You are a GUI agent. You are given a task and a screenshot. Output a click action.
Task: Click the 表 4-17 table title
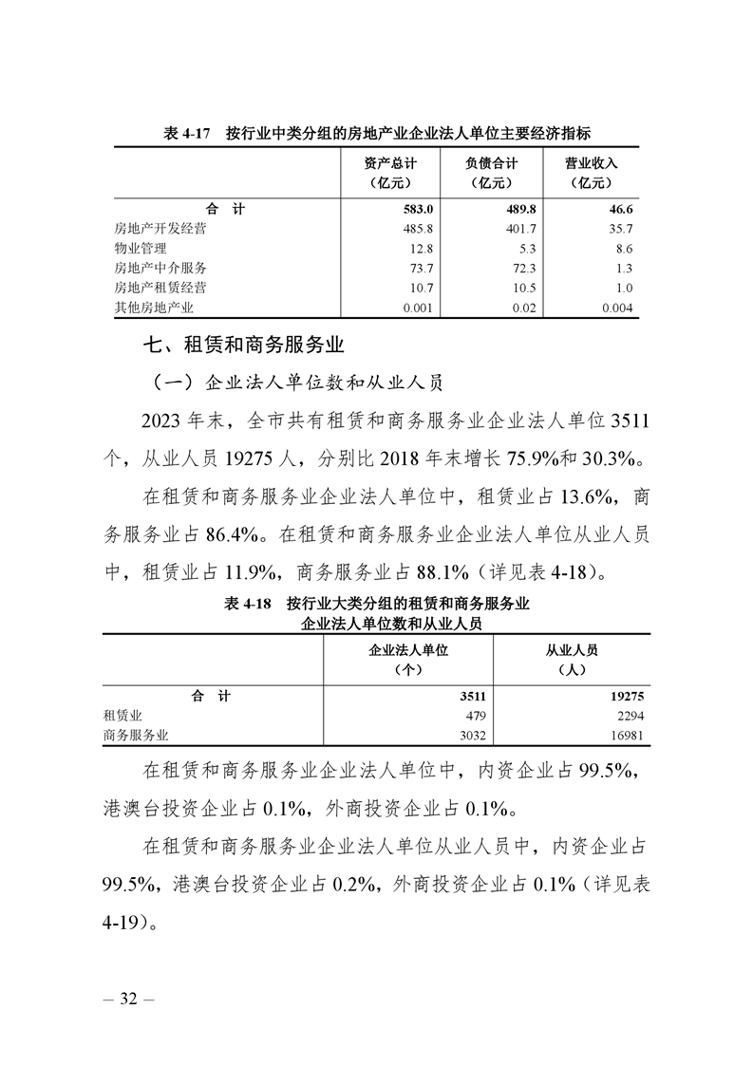point(377,135)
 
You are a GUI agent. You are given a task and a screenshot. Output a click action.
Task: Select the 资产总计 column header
point(389,173)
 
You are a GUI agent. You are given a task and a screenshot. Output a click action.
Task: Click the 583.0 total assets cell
point(417,209)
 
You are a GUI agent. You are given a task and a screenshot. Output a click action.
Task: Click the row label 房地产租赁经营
point(160,288)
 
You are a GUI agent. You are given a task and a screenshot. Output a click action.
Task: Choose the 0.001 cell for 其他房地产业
point(418,308)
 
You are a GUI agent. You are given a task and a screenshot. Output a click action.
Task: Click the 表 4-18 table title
point(377,613)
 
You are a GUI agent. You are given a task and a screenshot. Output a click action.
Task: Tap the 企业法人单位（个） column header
point(407,659)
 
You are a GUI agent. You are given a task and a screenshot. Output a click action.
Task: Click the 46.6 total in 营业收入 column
point(617,209)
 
